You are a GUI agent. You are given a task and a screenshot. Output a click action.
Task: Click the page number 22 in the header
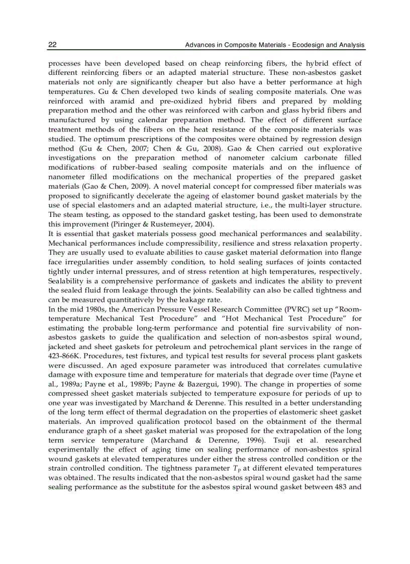(x=52, y=45)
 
